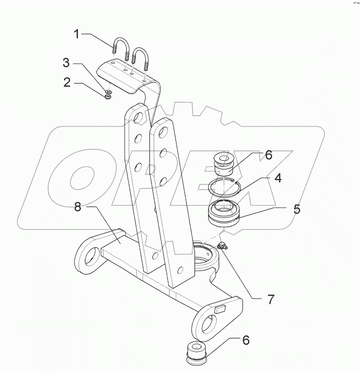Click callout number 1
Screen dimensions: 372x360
[76, 34]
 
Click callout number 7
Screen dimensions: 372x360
[271, 300]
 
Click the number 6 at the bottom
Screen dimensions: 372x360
[246, 340]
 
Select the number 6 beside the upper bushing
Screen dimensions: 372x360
[268, 155]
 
